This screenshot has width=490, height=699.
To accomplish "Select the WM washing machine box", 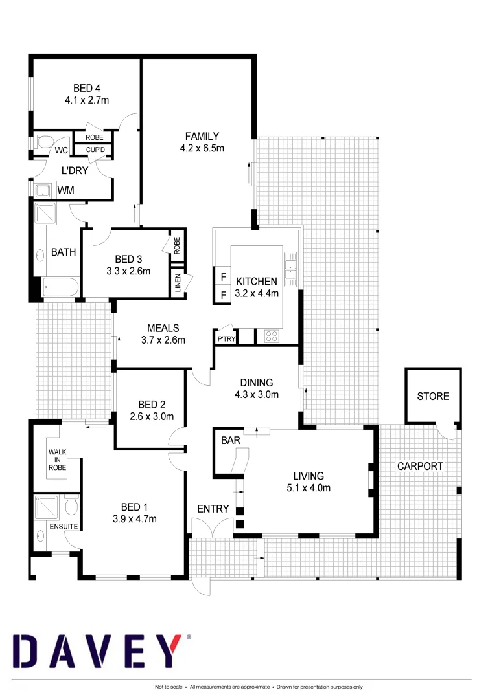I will coord(65,190).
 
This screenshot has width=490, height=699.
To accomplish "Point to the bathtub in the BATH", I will coord(60,287).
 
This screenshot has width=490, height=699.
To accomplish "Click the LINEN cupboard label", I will coord(178,283).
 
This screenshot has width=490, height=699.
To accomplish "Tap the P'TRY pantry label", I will coord(226,339).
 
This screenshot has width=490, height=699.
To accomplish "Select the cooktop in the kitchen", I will coord(271,337).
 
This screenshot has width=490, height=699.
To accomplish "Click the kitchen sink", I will coord(290,269).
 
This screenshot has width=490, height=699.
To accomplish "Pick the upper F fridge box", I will coord(223,277).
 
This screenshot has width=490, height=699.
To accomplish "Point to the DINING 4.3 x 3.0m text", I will coord(257,388).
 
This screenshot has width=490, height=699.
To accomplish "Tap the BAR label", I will coord(230,441).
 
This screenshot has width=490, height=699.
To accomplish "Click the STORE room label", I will coord(433,396).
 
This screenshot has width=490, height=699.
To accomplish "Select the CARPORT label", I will coord(420,466).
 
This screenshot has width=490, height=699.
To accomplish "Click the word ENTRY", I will coord(213,509).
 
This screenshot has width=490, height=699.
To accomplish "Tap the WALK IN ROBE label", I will coord(58,458).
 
